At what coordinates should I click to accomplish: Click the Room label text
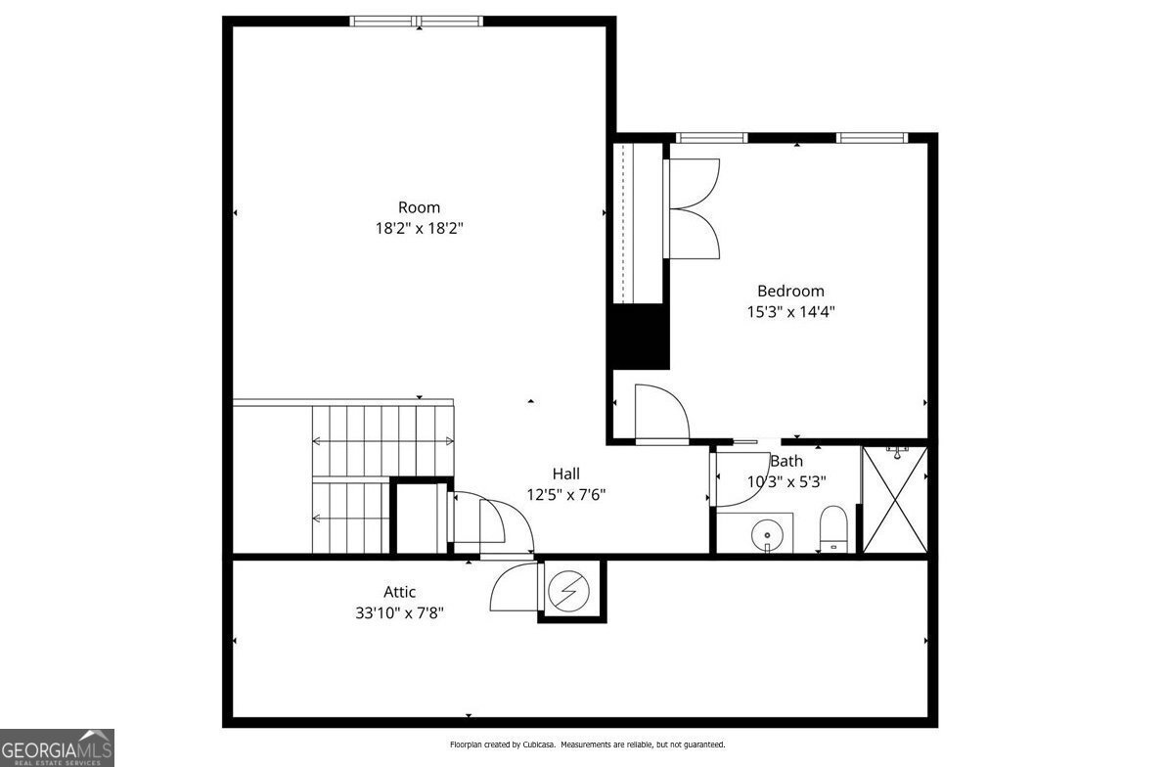pos(419,207)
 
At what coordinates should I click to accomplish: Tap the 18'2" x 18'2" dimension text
pos(419,229)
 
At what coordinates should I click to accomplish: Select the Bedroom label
pos(790,291)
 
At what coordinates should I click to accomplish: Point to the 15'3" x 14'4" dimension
pos(790,312)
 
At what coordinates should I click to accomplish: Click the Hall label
pos(566,474)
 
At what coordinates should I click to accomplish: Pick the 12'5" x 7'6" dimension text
pos(566,495)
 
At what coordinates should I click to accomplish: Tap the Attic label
pos(399,592)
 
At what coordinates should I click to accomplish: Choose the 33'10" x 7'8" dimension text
pos(399,613)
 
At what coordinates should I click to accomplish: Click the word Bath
pos(786,461)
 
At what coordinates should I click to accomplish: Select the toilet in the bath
pos(832,529)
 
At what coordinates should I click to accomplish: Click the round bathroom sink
pos(767,535)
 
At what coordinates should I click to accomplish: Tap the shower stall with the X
pos(893,500)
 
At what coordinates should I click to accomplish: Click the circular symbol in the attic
pos(564,590)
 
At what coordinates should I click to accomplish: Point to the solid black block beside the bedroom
pos(640,337)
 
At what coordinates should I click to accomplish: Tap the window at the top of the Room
pos(417,21)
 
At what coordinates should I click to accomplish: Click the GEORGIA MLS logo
pos(57,747)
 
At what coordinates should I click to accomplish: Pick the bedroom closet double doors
pos(693,208)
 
